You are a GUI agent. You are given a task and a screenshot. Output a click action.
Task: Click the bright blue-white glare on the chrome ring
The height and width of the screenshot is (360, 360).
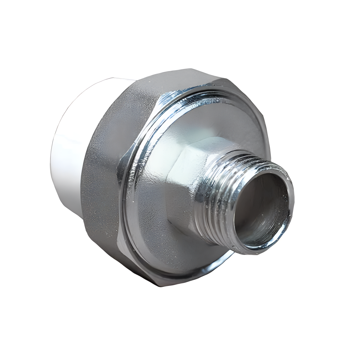click(168, 99)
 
